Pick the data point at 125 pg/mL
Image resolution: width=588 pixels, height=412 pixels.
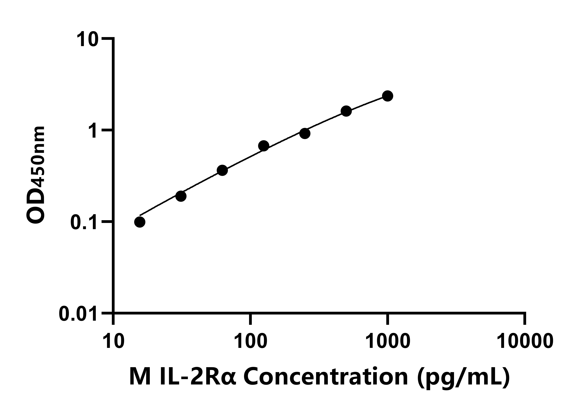tap(263, 146)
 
